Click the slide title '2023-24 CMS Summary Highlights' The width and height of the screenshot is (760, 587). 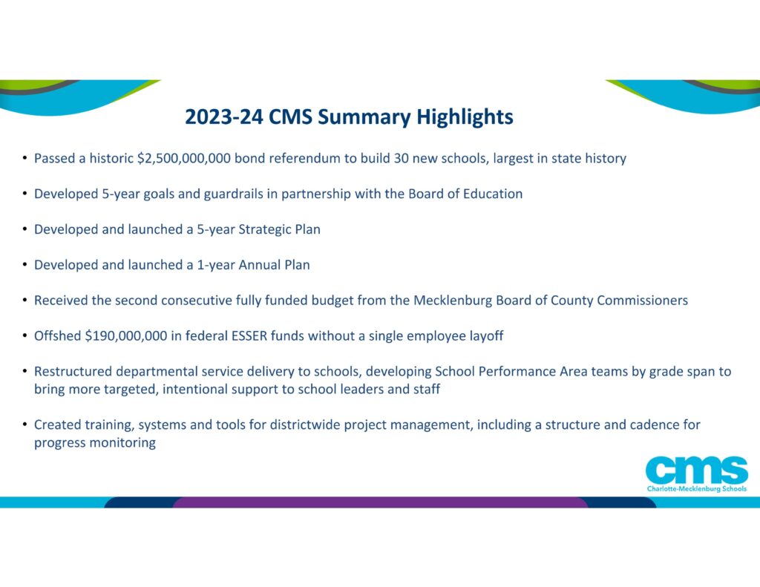point(349,117)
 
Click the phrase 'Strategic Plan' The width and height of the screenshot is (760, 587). point(278,229)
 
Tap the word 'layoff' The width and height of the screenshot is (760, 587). point(484,336)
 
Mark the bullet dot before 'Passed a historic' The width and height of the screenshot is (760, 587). point(24,158)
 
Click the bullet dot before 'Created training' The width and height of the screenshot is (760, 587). point(24,425)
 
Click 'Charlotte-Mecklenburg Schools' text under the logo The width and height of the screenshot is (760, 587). point(697,489)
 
